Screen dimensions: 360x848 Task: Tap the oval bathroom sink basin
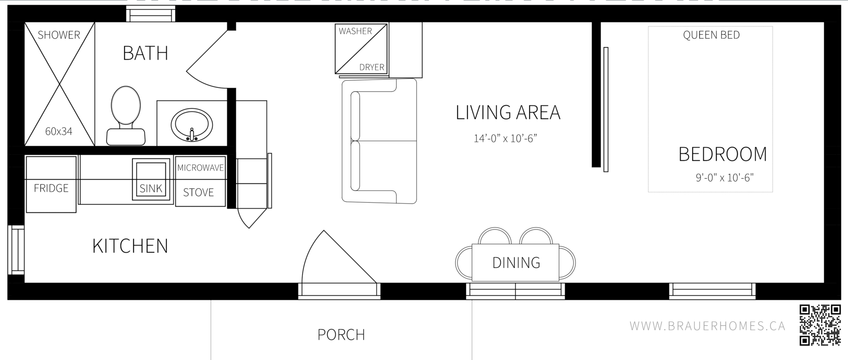pos(192,125)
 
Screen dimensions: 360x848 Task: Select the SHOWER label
pos(59,35)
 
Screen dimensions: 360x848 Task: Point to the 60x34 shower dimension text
pos(59,131)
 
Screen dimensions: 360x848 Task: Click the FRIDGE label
pos(51,188)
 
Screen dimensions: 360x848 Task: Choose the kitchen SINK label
pos(151,188)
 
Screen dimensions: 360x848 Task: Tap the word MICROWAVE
pos(200,168)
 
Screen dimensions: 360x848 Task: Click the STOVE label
pos(198,192)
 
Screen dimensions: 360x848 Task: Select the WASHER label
pos(355,31)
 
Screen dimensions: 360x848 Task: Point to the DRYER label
pos(371,67)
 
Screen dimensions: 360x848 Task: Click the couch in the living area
pos(379,141)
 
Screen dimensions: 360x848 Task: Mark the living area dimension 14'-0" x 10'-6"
pos(505,138)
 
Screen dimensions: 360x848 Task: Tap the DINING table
pos(516,262)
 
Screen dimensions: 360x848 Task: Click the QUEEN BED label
pos(711,35)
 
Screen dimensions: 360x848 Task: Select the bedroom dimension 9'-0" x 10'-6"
pos(724,178)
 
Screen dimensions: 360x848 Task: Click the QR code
pos(820,325)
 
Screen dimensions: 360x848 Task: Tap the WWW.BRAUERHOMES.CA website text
pos(707,326)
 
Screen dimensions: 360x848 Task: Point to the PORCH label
pos(341,335)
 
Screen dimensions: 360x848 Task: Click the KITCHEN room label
pos(130,246)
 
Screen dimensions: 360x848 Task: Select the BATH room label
pos(145,53)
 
